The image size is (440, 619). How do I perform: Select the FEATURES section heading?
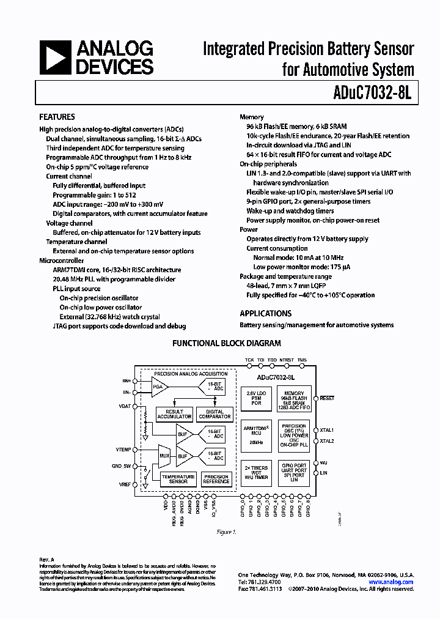coord(57,117)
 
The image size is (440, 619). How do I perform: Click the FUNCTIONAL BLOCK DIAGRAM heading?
coord(226,344)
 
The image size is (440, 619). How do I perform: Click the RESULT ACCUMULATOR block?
coord(174,414)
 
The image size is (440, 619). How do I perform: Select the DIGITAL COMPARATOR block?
coord(215,414)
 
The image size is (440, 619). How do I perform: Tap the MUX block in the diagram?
coord(164,455)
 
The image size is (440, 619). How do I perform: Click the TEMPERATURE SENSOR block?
coord(178,480)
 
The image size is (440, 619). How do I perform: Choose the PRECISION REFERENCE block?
coord(216,480)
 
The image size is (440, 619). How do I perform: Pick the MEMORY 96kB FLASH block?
coord(294,398)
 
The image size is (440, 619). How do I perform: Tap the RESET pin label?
coord(327,398)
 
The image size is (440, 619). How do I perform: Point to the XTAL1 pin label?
coord(327,430)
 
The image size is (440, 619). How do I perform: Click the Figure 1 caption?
coord(226,532)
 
